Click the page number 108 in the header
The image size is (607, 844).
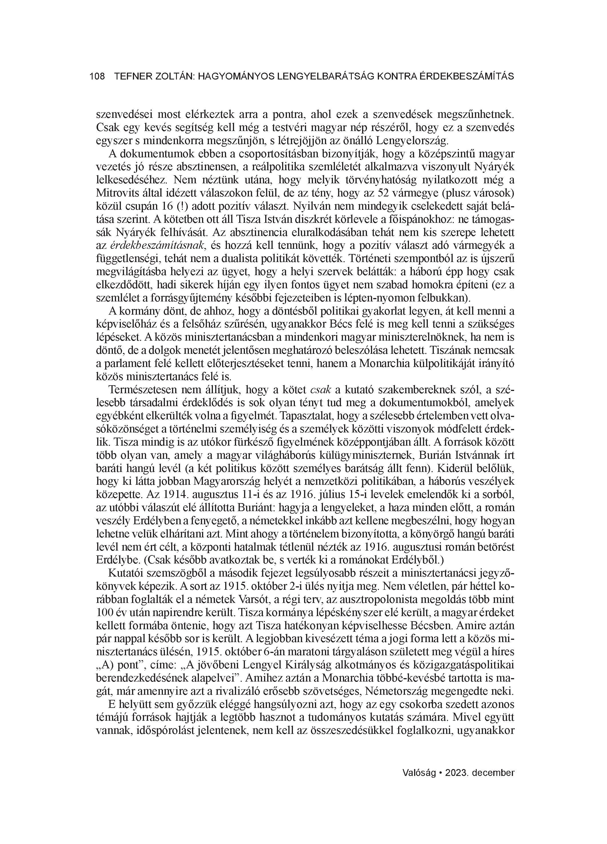pos(97,77)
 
